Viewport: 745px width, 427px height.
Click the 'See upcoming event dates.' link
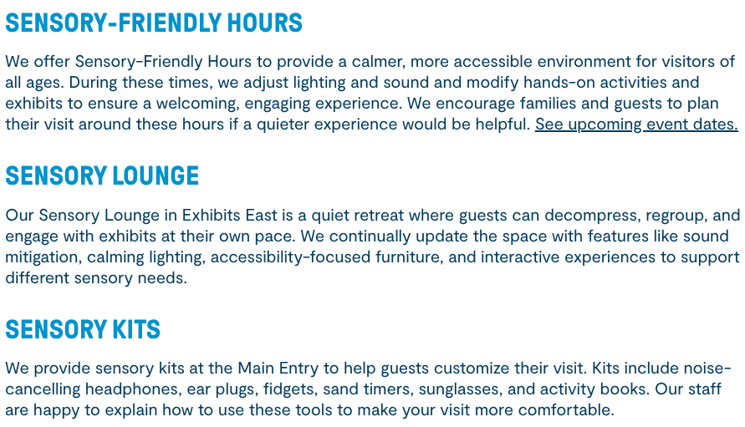click(x=636, y=125)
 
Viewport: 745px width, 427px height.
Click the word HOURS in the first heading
click(x=265, y=23)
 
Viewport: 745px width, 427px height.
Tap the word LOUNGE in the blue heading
click(x=156, y=175)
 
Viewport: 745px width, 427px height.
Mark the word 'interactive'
click(x=520, y=257)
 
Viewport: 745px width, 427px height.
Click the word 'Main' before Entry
click(x=256, y=369)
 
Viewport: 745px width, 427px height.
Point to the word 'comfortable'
click(x=566, y=410)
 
